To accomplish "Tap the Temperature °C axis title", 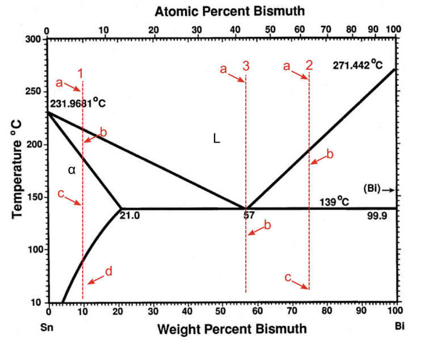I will coord(16,171).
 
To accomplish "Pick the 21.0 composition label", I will coord(130,215).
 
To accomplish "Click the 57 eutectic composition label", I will coord(248,215).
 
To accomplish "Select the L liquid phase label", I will coord(216,138).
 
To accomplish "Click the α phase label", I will coord(71,170).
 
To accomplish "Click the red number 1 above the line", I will coord(81,73).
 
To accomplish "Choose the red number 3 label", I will coord(246,66).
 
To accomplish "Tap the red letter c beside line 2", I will coord(288,278).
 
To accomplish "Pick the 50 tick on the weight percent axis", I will coord(223,311).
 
